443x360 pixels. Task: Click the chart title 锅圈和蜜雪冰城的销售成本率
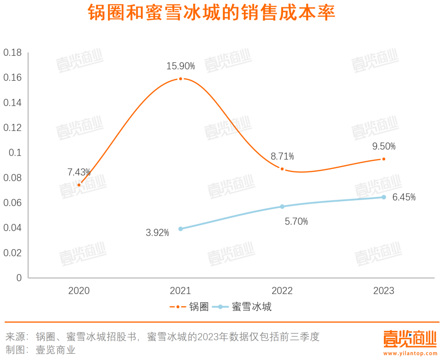(211, 13)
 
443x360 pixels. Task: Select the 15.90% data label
(180, 66)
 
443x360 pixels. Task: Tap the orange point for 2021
(180, 79)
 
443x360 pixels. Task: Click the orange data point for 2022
(282, 169)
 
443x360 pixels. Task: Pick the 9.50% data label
(383, 146)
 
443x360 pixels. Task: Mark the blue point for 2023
(383, 197)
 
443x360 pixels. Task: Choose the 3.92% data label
(157, 233)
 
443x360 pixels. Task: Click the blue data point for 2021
(180, 229)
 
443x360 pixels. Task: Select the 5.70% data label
(296, 222)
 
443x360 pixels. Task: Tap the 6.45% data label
(404, 197)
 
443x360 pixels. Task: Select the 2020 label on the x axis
(79, 291)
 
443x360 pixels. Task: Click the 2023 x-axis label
(383, 291)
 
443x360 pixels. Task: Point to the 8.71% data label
(282, 156)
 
